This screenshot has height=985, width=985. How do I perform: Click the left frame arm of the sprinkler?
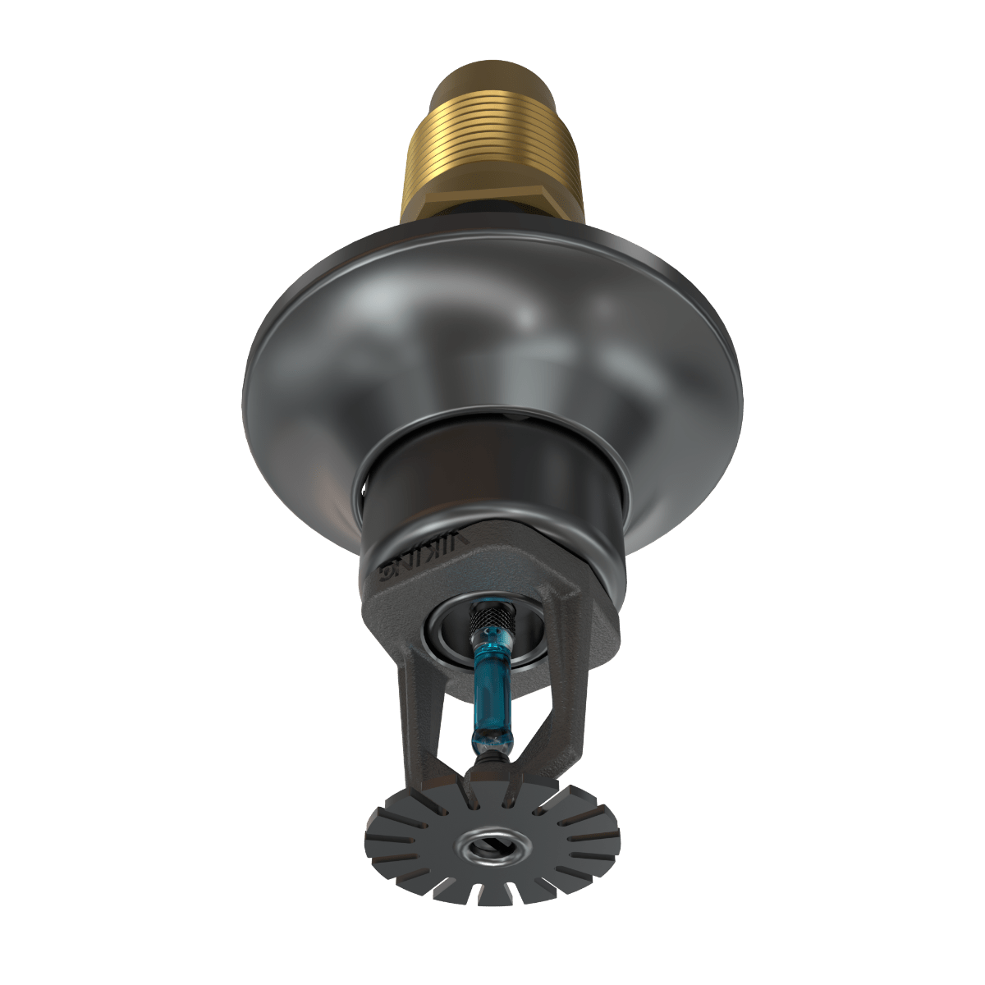[410, 698]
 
